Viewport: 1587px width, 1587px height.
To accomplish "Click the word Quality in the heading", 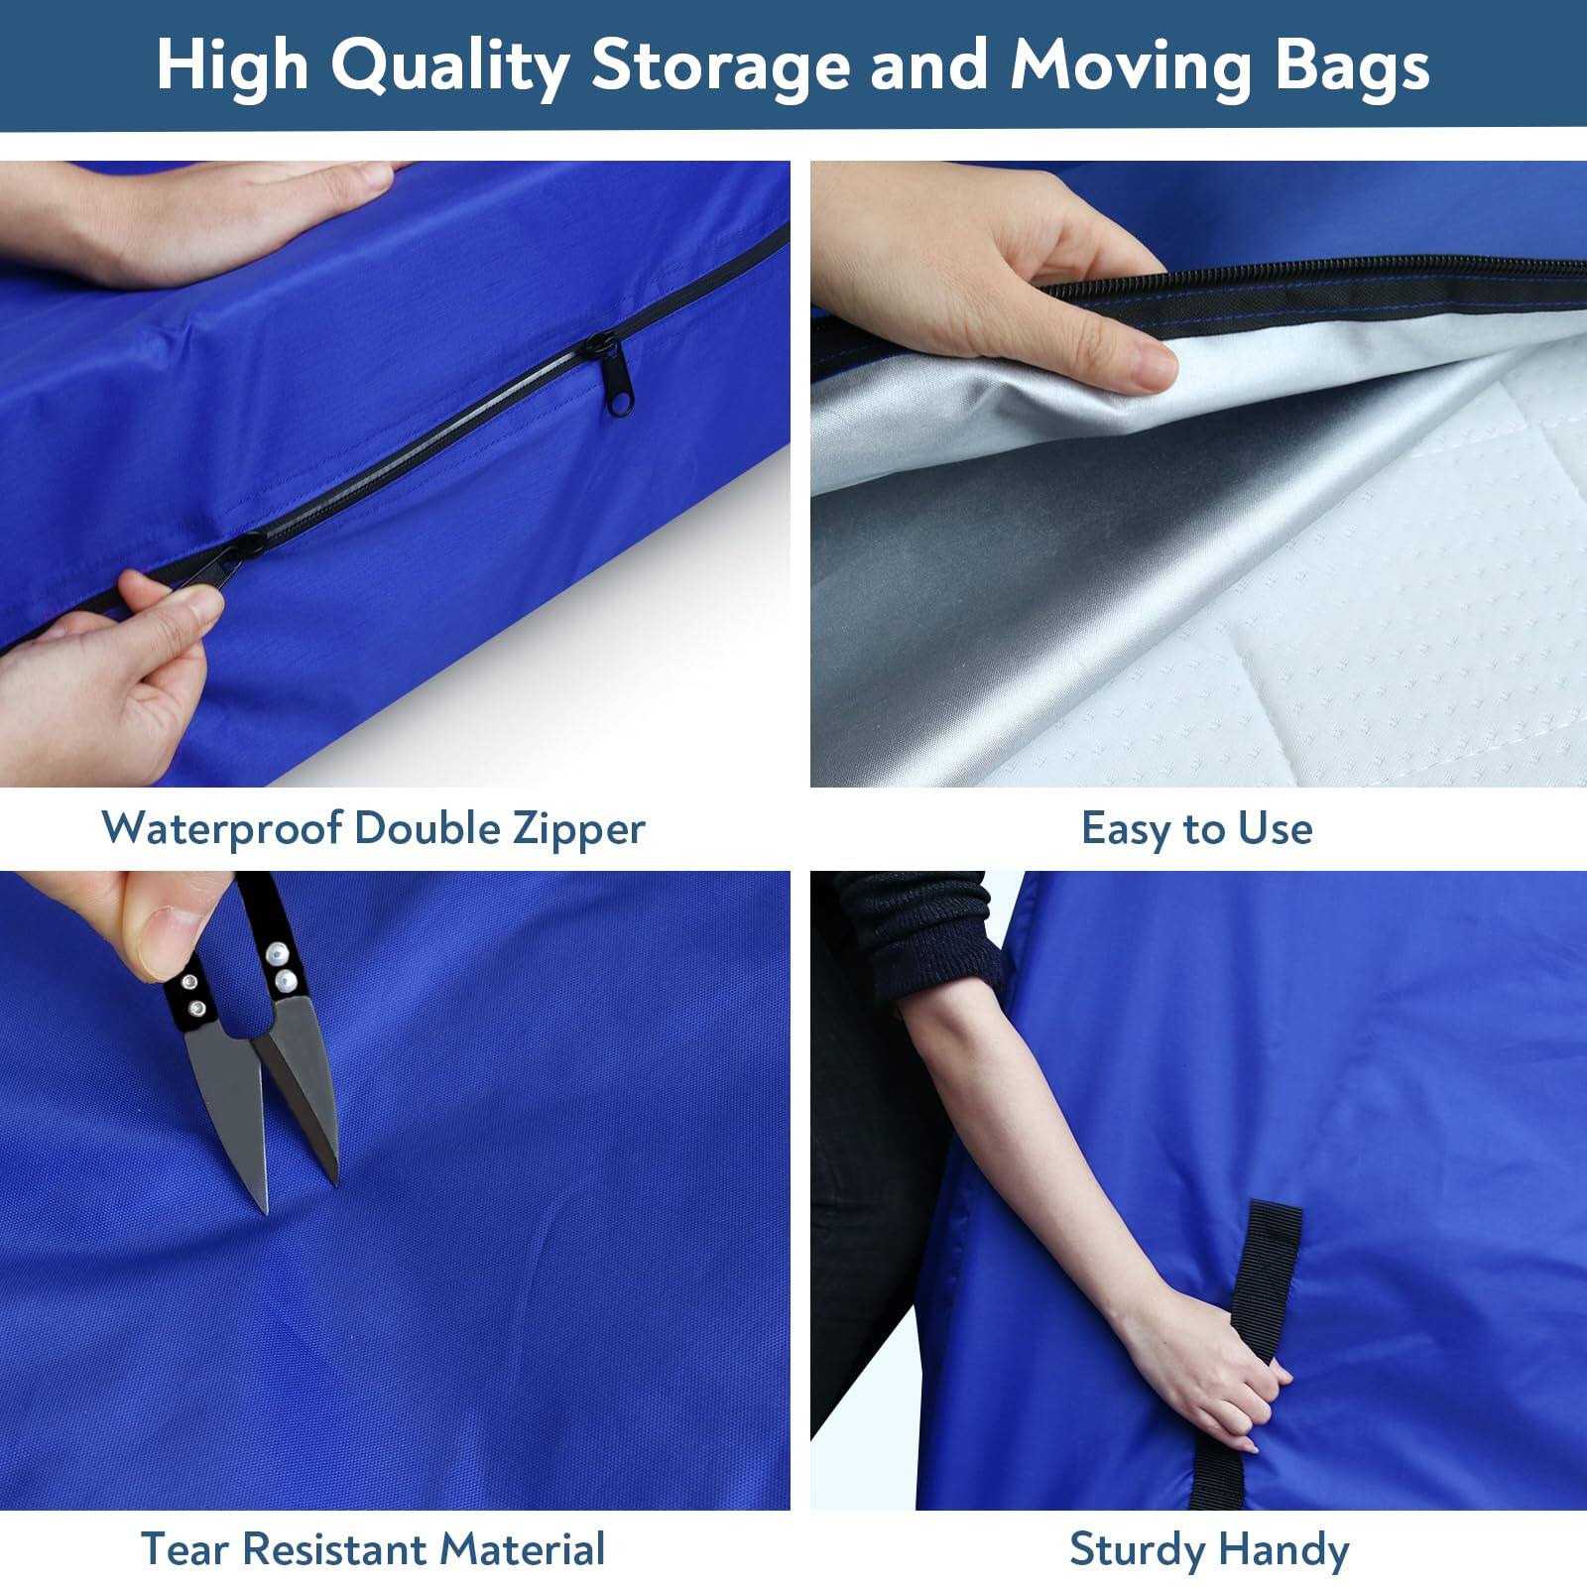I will click(x=449, y=65).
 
